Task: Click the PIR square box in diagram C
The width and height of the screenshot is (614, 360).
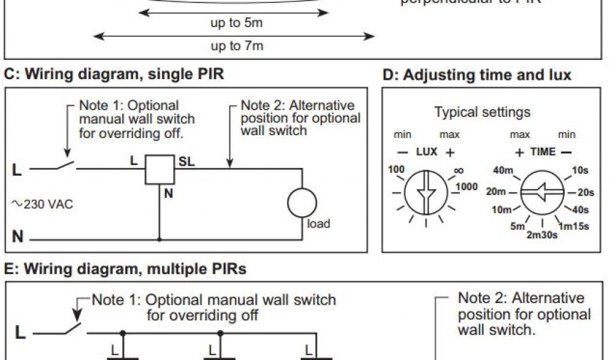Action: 159,170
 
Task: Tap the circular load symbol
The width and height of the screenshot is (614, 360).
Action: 302,203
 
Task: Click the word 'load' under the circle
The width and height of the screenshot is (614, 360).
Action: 318,224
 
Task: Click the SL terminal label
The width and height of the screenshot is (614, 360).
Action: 186,161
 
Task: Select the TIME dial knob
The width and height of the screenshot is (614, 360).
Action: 541,193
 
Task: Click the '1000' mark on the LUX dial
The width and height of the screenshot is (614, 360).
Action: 466,187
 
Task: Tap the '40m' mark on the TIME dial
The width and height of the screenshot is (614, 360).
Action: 504,170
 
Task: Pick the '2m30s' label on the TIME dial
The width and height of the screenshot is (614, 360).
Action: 542,235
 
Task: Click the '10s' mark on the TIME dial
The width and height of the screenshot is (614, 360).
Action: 580,170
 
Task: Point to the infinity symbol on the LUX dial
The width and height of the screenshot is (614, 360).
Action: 459,171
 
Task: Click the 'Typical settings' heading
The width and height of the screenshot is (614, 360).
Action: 482,112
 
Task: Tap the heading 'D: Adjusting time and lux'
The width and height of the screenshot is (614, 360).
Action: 477,75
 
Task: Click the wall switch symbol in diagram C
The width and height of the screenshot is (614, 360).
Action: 65,166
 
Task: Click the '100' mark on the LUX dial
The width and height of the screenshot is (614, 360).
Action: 396,170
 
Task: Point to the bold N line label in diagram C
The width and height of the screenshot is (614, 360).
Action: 18,237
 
